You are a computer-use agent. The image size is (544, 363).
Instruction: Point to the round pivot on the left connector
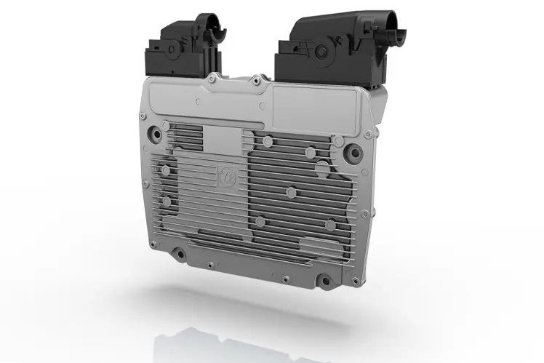coord(173,49)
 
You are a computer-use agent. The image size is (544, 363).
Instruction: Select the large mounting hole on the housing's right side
coord(353,153)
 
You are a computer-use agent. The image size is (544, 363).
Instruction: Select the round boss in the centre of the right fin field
coord(291,193)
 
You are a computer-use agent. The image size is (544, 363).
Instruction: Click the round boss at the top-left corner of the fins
coord(166,126)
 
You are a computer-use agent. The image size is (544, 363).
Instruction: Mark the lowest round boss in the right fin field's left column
coord(260,221)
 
